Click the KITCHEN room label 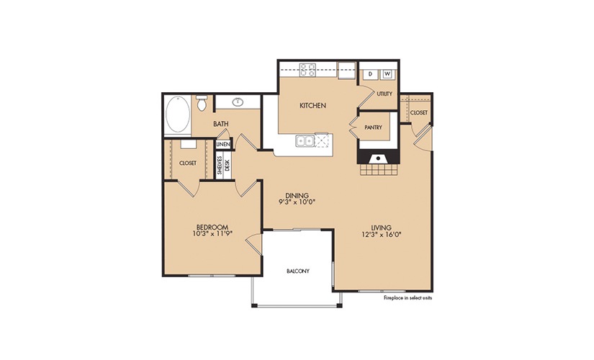pos(312,105)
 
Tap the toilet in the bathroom pos(202,103)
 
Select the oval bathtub pos(178,114)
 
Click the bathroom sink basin pos(238,102)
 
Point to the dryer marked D pos(370,74)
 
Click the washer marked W pos(387,74)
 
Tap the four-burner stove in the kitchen pos(307,70)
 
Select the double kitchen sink pos(305,141)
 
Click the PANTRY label pos(373,127)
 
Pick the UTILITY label pos(384,94)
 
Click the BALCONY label pos(298,271)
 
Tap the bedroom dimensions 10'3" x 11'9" pos(212,234)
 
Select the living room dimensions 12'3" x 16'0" pos(381,234)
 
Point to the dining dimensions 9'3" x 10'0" pos(297,202)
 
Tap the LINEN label pos(223,145)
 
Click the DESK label pos(228,165)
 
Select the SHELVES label pos(220,165)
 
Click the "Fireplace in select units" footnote pos(408,298)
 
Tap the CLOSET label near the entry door pos(418,112)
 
